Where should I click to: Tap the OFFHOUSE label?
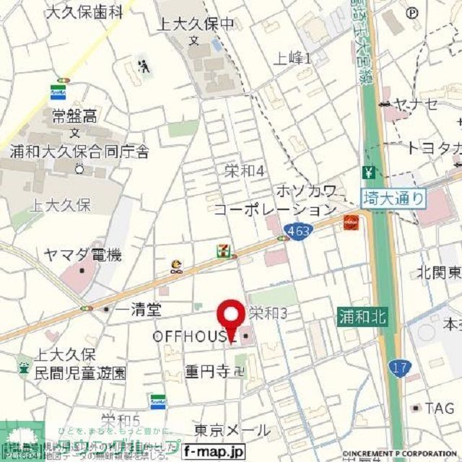(x=193, y=337)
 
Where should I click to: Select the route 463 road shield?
(x=294, y=230)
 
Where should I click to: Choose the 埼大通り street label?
(x=393, y=197)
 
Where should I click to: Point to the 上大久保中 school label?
(x=195, y=24)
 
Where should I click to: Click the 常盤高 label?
(x=75, y=115)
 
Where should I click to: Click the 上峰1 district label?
(x=292, y=58)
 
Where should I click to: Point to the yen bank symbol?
(x=369, y=173)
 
